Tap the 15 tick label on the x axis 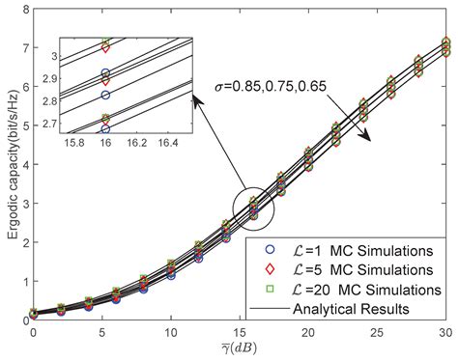[239, 332]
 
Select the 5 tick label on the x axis [101, 332]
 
